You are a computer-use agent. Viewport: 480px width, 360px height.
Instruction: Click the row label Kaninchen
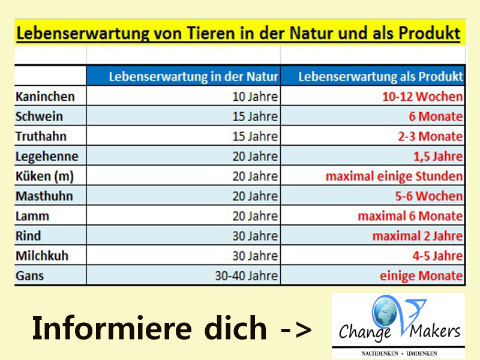tap(46, 97)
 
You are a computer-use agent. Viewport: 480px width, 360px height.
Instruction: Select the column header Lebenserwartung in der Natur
tap(193, 77)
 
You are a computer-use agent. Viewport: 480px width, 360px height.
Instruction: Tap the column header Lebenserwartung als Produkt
tap(381, 77)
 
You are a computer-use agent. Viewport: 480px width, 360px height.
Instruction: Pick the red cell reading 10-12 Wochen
tap(422, 97)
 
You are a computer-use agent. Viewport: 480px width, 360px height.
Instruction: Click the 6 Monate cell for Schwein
tap(436, 116)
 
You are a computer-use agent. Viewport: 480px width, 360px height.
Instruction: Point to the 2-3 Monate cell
tap(430, 136)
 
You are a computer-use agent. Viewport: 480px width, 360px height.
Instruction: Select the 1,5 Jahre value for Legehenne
tap(438, 156)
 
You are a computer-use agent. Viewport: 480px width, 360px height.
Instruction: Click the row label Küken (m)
tap(44, 176)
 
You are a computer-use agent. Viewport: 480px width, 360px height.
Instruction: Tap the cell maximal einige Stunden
tap(394, 176)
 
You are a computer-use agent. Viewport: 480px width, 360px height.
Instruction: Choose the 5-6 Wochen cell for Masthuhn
tap(429, 196)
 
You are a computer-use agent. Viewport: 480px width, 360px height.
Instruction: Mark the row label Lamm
tap(32, 216)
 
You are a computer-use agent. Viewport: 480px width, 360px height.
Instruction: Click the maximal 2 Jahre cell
tap(418, 236)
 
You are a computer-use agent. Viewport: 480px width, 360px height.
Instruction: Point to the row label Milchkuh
tap(42, 256)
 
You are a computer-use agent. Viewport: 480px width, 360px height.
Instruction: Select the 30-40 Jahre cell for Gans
tap(247, 276)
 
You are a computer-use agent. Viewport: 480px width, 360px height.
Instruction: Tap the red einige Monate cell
tap(421, 276)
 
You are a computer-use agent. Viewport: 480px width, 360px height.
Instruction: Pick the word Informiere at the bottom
tap(112, 328)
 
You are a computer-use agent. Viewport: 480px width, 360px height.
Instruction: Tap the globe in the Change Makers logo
tap(385, 311)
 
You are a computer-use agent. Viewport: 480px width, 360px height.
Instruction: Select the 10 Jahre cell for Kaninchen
tap(255, 97)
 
